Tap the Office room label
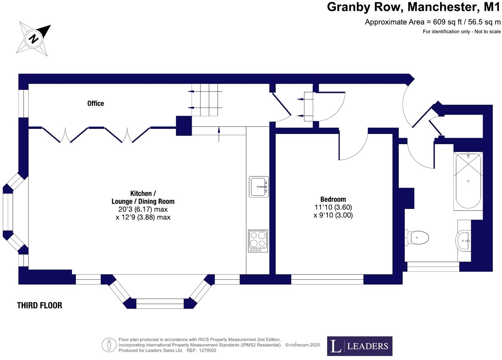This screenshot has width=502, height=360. click(96, 103)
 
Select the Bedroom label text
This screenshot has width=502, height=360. click(333, 199)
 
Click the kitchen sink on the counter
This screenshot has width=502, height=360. click(259, 187)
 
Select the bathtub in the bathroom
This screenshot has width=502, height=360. click(468, 181)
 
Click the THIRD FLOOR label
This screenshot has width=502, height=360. click(39, 305)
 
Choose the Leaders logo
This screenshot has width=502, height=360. click(360, 346)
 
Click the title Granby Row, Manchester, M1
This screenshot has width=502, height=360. click(413, 7)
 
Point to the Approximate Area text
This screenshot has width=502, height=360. click(433, 22)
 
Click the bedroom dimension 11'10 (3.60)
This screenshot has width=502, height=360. click(333, 207)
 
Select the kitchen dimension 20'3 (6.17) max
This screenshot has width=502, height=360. click(143, 209)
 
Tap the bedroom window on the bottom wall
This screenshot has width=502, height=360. click(327, 279)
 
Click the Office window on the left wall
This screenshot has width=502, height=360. click(23, 103)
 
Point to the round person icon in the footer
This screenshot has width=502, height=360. click(109, 345)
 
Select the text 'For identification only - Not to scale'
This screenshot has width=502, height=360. click(462, 32)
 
